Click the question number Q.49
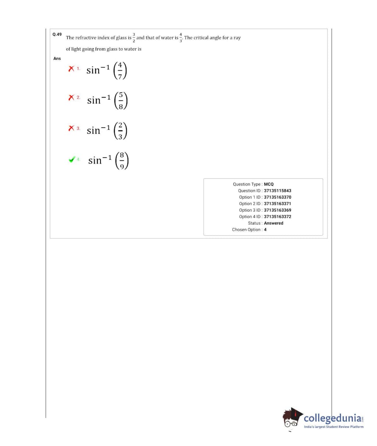pyautogui.click(x=57, y=34)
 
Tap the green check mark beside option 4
pyautogui.click(x=72, y=160)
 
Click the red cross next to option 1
pyautogui.click(x=71, y=68)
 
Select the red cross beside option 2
pyautogui.click(x=71, y=98)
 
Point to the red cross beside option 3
pyautogui.click(x=71, y=128)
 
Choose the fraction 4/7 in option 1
pyautogui.click(x=120, y=70)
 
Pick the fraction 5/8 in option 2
pyautogui.click(x=120, y=100)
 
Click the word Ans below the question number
pyautogui.click(x=57, y=59)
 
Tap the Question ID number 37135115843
pyautogui.click(x=277, y=191)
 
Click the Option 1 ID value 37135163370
pyautogui.click(x=277, y=197)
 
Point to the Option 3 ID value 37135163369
pyautogui.click(x=277, y=210)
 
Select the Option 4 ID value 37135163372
pyautogui.click(x=277, y=217)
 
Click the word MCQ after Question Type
pyautogui.click(x=268, y=184)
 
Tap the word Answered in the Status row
pyautogui.click(x=273, y=223)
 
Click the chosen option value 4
pyautogui.click(x=265, y=230)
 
